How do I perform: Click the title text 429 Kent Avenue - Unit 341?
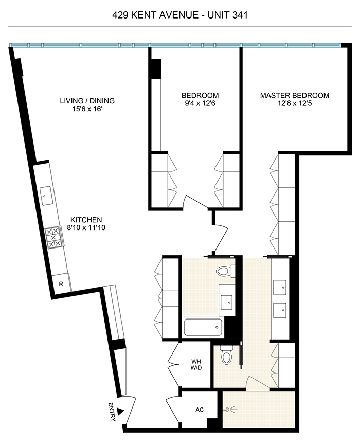180,15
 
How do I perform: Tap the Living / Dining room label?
86,100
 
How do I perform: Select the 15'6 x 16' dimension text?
86,109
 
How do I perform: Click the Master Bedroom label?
294,96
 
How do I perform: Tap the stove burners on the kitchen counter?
53,237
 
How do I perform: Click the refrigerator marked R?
61,283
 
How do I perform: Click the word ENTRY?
112,412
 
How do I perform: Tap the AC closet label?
200,411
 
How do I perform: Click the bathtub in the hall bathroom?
203,326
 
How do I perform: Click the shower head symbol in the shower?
229,410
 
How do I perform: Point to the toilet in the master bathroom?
225,356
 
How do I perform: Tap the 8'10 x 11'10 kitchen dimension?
86,227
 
